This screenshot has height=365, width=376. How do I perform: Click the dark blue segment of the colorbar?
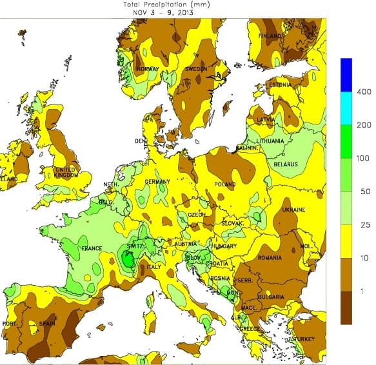tap(346, 75)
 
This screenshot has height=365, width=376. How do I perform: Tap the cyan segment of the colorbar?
tap(346, 106)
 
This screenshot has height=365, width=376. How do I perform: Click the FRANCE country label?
tap(91, 248)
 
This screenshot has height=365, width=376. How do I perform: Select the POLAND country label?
tap(225, 184)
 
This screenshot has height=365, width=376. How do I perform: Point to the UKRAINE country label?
tap(293, 210)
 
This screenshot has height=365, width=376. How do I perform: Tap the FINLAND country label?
tap(271, 35)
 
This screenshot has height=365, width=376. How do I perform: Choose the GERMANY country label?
tap(157, 182)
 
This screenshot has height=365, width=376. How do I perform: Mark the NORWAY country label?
tap(147, 68)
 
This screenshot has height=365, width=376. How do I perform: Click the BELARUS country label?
tap(286, 164)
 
